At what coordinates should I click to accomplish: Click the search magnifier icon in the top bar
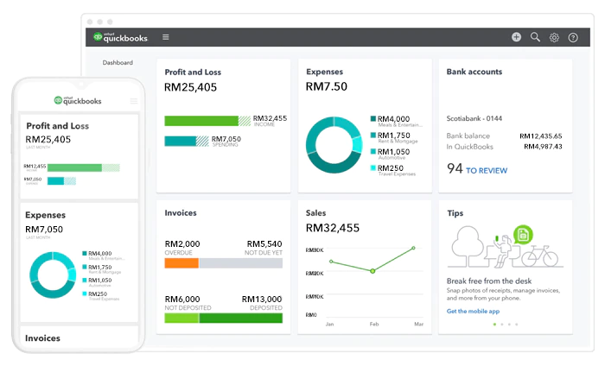tap(535, 37)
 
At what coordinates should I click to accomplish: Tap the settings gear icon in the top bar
tap(554, 37)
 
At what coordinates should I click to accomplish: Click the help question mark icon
tap(573, 37)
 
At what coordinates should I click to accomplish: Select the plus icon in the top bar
tap(516, 37)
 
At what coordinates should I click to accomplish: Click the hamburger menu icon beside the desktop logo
tap(166, 37)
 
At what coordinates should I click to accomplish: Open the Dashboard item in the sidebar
tap(118, 63)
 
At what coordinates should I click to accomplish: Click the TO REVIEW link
tap(487, 171)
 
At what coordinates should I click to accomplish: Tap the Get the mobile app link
tap(474, 311)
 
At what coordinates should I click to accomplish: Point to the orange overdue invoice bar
tap(181, 263)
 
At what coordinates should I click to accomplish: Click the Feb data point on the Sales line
tap(373, 271)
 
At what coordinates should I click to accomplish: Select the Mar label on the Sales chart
tap(418, 324)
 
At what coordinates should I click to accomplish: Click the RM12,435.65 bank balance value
tap(540, 136)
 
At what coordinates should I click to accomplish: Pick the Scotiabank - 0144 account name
tap(474, 118)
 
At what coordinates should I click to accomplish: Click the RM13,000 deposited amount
tap(262, 299)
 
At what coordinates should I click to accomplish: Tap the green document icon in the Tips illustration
tap(522, 234)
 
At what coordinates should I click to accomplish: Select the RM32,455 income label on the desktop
tap(271, 118)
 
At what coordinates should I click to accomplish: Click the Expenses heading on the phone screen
tap(46, 215)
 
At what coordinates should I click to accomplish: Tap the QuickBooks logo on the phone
tap(77, 101)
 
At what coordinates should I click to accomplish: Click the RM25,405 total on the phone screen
tap(48, 139)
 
